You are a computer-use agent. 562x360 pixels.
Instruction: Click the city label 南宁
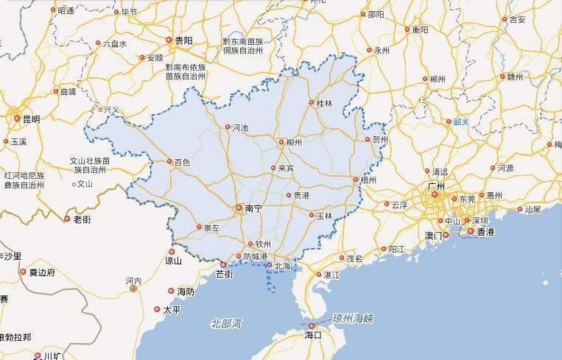(x=253, y=209)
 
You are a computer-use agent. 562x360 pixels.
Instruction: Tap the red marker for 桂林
(x=312, y=103)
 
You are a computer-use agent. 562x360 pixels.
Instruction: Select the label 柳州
(x=293, y=142)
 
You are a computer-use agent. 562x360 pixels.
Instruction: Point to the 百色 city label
(x=182, y=162)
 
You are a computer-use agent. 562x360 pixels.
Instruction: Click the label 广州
(x=437, y=187)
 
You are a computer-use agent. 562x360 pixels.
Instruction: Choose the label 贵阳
(x=183, y=41)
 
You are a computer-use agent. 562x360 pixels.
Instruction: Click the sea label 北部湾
(x=226, y=323)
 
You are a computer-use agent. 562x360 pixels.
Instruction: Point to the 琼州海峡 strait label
(x=354, y=318)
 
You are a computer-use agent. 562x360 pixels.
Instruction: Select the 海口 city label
(x=313, y=335)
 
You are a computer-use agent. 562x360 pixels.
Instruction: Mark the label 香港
(x=485, y=232)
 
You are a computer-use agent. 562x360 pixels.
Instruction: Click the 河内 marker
(x=133, y=289)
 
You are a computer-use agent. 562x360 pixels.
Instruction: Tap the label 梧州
(x=368, y=180)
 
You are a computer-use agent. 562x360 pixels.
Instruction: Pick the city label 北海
(x=283, y=266)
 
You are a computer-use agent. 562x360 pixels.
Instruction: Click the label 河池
(x=240, y=127)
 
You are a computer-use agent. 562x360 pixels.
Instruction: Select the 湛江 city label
(x=332, y=275)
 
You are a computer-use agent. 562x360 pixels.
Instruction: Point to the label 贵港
(x=301, y=195)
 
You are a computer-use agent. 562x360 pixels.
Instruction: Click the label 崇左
(x=211, y=228)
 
